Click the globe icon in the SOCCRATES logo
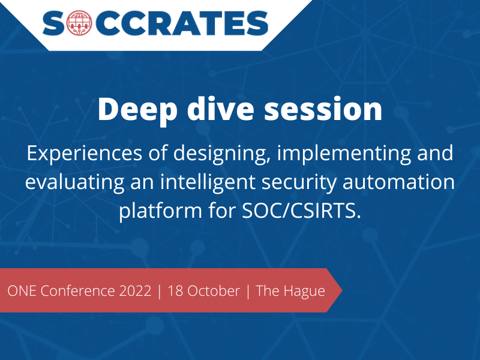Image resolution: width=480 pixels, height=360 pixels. coord(79,23)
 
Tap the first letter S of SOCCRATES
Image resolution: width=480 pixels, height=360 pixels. coord(53,23)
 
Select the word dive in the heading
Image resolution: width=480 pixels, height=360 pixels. coord(220,109)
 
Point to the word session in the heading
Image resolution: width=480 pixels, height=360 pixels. coord(323,109)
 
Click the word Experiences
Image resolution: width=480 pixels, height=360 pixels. coord(85,154)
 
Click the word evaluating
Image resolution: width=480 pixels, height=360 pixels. coord(74,183)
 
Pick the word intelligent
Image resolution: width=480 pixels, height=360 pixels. coord(208,183)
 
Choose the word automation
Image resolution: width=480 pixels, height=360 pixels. coord(398,182)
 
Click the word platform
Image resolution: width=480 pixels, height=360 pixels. coord(160,211)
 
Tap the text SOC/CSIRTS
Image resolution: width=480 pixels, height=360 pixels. coord(301,211)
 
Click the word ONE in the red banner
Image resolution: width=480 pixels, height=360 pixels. coord(22,291)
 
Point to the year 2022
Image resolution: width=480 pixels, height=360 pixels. coord(136,291)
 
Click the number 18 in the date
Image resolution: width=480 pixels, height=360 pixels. coord(175,291)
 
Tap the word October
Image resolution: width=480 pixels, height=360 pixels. coord(214,291)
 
